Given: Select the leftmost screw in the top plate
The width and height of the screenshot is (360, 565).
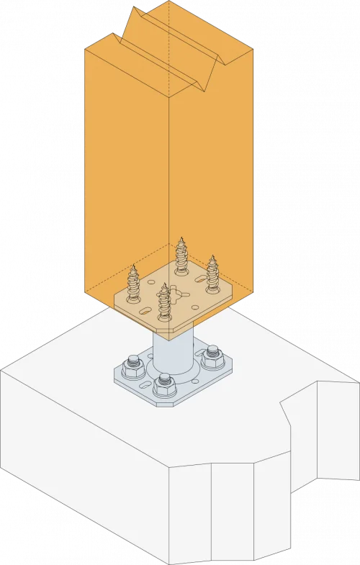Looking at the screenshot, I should point(134,284).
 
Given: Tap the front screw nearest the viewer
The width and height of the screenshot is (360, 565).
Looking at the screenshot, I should point(166,303).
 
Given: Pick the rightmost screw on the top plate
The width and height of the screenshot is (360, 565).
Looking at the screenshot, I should point(213,274).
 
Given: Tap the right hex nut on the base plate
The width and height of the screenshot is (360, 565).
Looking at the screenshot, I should point(212,356).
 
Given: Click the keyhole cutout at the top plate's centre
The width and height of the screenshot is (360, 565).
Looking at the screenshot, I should point(174,289).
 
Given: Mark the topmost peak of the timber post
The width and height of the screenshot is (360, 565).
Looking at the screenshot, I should point(170,4).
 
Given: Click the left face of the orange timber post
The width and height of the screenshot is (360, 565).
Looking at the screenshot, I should point(126,173).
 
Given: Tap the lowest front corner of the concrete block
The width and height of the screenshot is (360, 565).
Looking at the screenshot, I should point(170,561).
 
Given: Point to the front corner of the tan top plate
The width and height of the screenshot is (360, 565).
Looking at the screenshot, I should point(173,334).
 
